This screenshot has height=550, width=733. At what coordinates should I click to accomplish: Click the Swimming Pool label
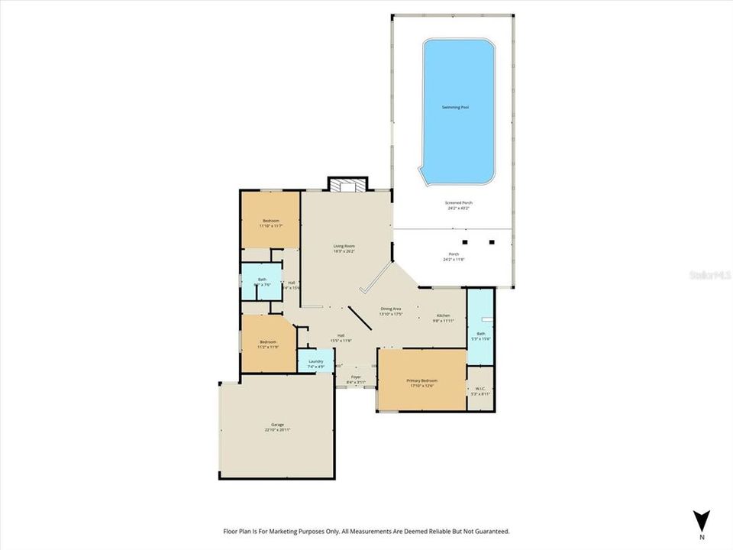click(455, 107)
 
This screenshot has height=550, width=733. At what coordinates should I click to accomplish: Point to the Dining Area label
click(392, 309)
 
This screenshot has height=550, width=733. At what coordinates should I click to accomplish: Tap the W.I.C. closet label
click(480, 389)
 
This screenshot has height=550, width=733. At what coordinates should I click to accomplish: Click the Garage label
click(277, 424)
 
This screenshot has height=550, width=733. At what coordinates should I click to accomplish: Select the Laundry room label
click(315, 361)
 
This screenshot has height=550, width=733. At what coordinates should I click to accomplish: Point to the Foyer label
click(356, 377)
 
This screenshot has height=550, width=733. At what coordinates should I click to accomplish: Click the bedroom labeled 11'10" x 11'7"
click(270, 221)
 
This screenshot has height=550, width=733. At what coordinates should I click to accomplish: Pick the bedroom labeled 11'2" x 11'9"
click(267, 341)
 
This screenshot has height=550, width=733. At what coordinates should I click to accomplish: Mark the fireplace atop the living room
click(347, 184)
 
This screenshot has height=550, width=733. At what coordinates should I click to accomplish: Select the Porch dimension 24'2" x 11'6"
click(454, 260)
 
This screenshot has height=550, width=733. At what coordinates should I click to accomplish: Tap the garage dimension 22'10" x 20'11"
click(277, 430)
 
